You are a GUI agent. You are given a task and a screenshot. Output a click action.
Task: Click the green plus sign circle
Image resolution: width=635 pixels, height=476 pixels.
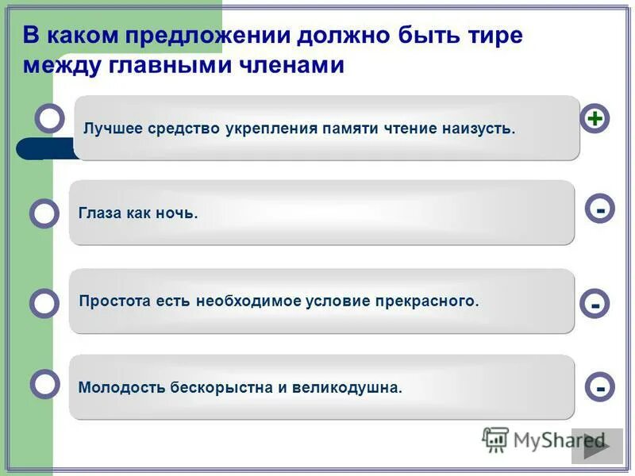point(595,119)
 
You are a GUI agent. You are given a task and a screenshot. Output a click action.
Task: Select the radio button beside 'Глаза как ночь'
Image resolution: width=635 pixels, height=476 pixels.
point(44,213)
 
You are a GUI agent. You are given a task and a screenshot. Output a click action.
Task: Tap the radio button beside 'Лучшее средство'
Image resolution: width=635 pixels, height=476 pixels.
point(50,118)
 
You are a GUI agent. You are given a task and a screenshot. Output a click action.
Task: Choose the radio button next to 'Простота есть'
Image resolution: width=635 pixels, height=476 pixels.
point(44,303)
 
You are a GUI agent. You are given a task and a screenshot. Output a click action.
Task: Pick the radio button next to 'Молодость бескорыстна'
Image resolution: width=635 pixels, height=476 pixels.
point(44,384)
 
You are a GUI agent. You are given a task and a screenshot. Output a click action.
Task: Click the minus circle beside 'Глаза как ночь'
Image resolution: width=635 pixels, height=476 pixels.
point(601,209)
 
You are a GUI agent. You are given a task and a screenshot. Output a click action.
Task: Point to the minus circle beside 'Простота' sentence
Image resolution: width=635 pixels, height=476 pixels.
point(595,304)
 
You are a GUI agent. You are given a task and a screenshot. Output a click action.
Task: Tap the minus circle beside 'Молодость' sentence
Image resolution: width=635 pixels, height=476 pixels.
point(601,387)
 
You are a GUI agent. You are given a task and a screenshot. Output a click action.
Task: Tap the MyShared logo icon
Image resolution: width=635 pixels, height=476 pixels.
point(495,440)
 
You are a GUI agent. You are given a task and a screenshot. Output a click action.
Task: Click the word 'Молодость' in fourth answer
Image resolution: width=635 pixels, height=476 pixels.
point(122,388)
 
